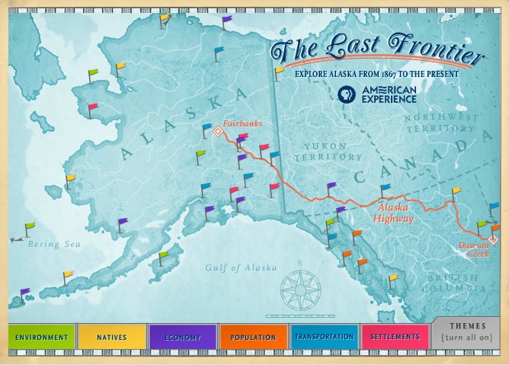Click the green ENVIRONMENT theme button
(42, 337)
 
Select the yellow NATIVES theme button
(111, 337)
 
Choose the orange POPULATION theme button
(253, 337)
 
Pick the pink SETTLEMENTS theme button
(395, 337)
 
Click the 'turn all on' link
(468, 338)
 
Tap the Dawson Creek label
(473, 249)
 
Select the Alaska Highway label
(393, 213)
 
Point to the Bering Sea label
(53, 245)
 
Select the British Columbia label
(456, 283)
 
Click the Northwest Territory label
(442, 123)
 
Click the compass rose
(299, 289)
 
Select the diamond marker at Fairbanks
(217, 131)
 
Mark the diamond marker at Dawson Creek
(493, 241)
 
